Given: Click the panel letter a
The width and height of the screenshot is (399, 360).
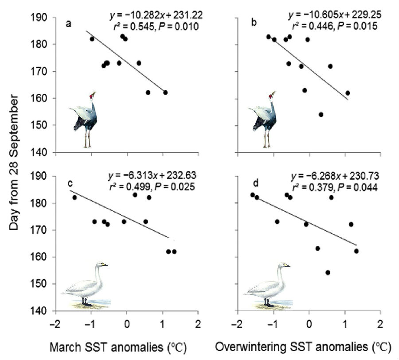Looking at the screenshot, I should point(69,24).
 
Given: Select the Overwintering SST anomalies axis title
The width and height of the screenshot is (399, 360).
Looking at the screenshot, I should point(302,348).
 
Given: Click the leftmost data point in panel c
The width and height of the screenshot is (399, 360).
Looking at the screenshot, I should point(74,197).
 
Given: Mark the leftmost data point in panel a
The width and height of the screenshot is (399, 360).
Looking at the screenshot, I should point(92,39).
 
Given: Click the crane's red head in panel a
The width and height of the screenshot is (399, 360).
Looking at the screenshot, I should point(91,96).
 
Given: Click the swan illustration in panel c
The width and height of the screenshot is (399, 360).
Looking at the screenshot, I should point(85,285).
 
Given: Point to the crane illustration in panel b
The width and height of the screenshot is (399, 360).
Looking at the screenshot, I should point(265,119).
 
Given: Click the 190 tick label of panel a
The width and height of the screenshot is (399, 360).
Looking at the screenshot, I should point(45,18).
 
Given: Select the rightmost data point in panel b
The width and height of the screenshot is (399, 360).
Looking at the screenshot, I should point(348,93).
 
